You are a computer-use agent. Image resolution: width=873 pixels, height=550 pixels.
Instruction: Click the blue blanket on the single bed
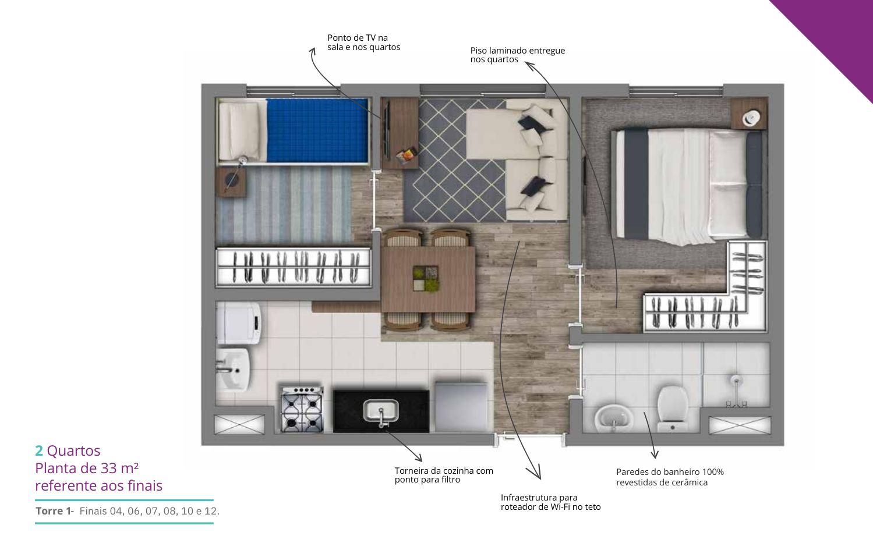pos(317,130)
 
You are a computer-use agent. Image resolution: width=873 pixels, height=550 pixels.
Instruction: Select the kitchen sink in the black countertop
pos(381,411)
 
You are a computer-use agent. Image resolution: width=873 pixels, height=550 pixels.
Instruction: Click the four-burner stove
pos(302,409)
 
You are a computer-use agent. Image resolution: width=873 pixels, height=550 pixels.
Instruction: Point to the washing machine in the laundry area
pos(239,323)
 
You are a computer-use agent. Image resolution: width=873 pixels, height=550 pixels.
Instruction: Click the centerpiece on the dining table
pos(426,279)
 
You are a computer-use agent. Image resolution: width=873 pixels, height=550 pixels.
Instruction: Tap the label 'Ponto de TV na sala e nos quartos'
pos(363,42)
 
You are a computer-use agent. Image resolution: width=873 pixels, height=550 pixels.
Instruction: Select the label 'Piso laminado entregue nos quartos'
pos(518,55)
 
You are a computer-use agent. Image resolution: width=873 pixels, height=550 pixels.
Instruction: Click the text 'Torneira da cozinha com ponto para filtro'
pos(444,476)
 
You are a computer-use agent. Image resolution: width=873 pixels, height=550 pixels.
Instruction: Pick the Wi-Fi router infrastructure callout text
pos(551,502)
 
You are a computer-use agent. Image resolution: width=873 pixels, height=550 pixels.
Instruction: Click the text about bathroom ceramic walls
pos(670,477)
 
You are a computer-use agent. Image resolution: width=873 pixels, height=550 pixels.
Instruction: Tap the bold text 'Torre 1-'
pos(55,510)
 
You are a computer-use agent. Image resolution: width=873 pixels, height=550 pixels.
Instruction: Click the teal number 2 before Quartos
pos(39,450)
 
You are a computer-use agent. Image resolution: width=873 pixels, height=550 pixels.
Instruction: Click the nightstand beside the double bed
pos(749,113)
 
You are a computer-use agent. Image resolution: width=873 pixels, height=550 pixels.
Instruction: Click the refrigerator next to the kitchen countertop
pos(461,407)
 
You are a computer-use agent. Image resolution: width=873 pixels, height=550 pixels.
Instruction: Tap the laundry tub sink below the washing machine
pos(233,370)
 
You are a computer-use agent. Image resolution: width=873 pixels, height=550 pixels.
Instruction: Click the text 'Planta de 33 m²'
pos(87,468)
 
